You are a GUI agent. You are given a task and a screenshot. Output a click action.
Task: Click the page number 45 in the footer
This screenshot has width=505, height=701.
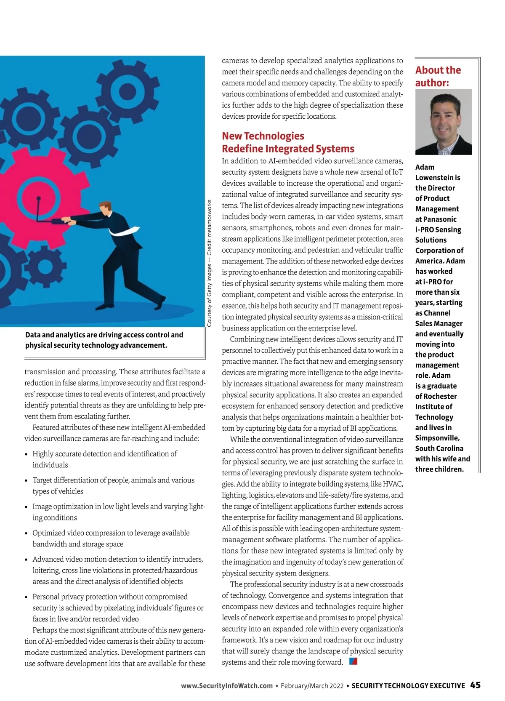[475, 685]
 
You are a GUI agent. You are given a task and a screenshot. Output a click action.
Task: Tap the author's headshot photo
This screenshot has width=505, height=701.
[443, 122]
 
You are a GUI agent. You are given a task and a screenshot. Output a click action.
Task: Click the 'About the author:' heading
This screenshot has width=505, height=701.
[438, 76]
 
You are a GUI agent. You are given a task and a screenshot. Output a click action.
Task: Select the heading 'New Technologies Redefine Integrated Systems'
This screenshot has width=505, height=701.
[288, 142]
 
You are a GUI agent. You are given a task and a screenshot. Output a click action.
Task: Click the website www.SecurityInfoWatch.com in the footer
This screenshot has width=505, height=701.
[227, 686]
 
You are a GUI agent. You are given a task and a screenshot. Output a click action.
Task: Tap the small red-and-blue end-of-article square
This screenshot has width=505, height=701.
[353, 661]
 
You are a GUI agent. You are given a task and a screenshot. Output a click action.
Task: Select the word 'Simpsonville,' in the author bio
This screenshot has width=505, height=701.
[437, 438]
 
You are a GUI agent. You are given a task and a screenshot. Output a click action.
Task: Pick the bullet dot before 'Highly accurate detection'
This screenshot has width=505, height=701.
[27, 454]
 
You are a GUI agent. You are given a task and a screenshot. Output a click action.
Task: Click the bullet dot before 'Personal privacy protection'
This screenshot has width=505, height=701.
[27, 597]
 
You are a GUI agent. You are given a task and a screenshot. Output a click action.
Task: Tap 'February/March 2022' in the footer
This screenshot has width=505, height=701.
[312, 686]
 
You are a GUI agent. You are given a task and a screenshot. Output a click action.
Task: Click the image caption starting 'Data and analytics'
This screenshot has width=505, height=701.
[104, 340]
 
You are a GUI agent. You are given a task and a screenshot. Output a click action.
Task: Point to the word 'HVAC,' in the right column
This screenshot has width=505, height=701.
[392, 484]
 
